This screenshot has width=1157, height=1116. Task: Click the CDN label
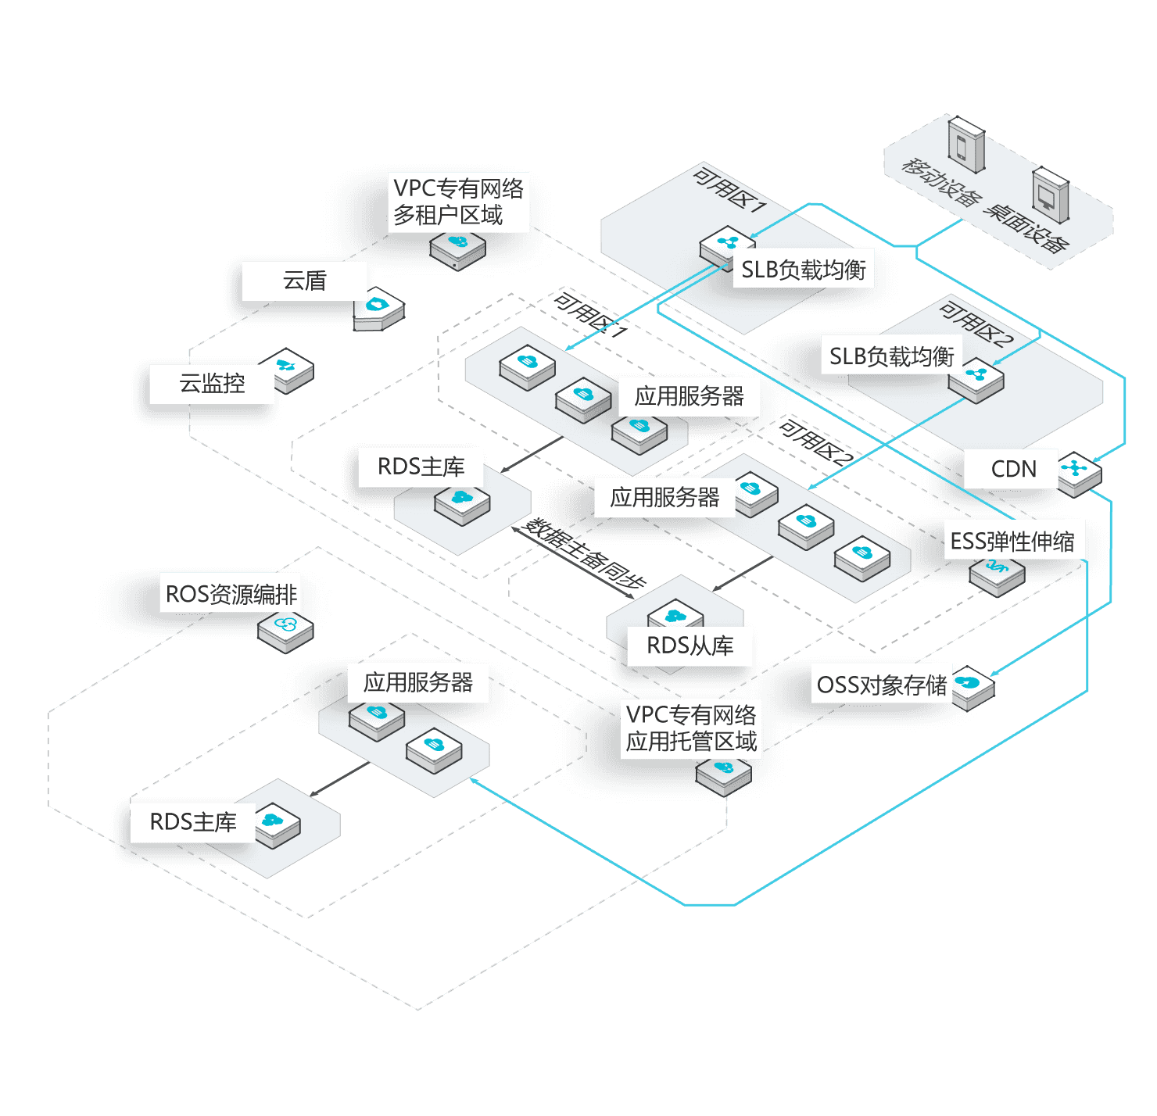tap(1013, 469)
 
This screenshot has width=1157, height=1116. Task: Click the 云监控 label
tap(212, 383)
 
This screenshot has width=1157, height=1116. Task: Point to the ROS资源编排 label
tap(231, 594)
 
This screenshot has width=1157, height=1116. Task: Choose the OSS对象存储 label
tap(881, 685)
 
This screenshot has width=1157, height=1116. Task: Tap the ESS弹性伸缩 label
tap(1012, 541)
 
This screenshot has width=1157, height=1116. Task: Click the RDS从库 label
tap(690, 646)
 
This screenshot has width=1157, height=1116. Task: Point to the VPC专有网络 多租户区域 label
tap(458, 202)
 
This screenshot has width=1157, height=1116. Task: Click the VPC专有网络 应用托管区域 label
tap(691, 728)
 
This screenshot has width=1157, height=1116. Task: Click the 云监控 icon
tap(286, 369)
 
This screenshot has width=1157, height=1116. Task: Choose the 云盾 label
tap(304, 281)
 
